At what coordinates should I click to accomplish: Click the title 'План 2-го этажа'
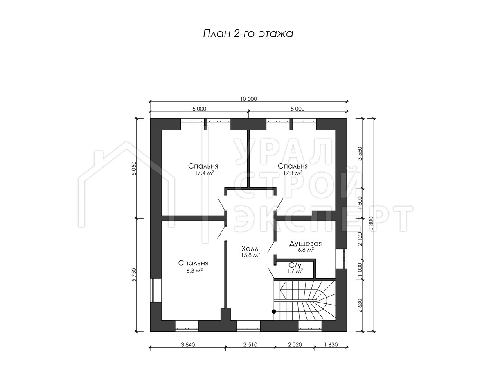(x=248, y=34)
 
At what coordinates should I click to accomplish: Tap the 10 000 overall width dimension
(x=248, y=99)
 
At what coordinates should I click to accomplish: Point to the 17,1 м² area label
(x=293, y=173)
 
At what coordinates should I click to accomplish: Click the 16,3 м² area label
(x=193, y=271)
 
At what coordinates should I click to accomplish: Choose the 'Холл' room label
(x=250, y=249)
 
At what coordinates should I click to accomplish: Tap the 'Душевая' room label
(x=305, y=244)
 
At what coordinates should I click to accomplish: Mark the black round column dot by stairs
(x=274, y=312)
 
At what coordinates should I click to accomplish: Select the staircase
(x=305, y=301)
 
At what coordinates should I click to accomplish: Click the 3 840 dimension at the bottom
(x=188, y=344)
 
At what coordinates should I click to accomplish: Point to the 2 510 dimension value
(x=250, y=344)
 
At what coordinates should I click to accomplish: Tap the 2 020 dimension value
(x=295, y=344)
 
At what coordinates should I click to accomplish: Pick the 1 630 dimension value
(x=331, y=344)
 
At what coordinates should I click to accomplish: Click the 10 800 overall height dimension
(x=372, y=225)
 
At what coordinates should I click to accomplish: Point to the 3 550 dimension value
(x=360, y=154)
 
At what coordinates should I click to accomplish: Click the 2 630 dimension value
(x=360, y=305)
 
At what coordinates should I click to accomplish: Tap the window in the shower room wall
(x=341, y=259)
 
